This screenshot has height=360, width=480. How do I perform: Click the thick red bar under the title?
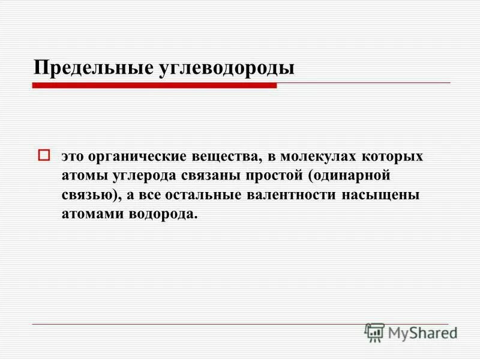(x=154, y=86)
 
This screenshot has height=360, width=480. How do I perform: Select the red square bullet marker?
(x=43, y=155)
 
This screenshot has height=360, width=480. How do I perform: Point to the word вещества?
(x=225, y=157)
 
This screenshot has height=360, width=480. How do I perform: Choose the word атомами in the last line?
(x=91, y=214)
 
